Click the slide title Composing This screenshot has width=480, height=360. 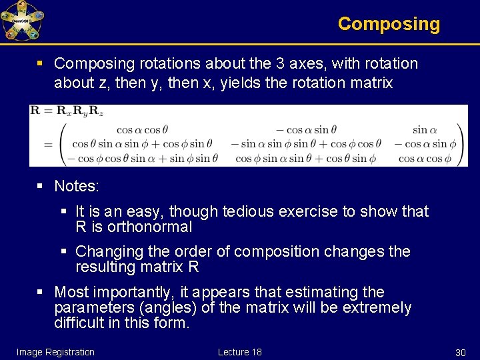pos(389,24)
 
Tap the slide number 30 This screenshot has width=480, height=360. pos(459,352)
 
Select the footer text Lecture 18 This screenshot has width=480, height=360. pos(239,352)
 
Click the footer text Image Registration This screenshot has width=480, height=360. pos(55,352)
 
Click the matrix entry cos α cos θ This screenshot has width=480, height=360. pos(142,130)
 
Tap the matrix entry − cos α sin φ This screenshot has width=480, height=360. pos(425,144)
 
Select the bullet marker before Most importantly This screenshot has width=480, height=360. pos(41,292)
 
